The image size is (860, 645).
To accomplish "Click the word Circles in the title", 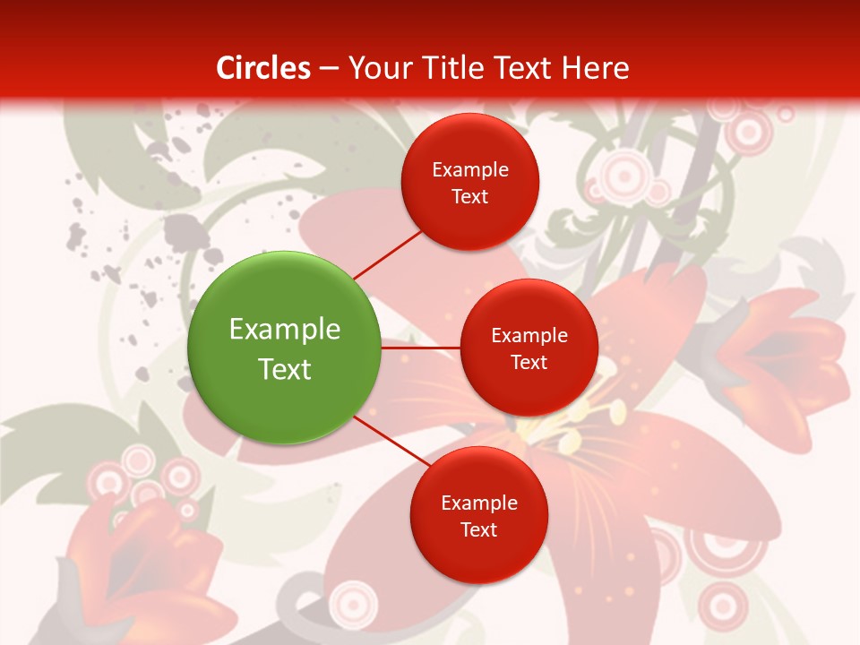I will [263, 68].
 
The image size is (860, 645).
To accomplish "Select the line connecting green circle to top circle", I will [388, 254].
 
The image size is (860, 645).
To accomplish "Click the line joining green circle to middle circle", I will [420, 347].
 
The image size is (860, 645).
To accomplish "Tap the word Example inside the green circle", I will [285, 329].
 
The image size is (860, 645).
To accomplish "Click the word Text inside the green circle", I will [285, 369].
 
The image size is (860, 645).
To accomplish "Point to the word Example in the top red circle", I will [470, 169].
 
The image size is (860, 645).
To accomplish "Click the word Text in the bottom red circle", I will [478, 529].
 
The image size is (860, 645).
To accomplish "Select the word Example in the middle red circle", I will [529, 335].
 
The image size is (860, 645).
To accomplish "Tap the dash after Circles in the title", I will [329, 68].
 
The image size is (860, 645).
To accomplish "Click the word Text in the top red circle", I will [470, 196].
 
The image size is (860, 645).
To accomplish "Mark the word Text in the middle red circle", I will [529, 362].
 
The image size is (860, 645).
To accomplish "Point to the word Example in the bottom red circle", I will [478, 503].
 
